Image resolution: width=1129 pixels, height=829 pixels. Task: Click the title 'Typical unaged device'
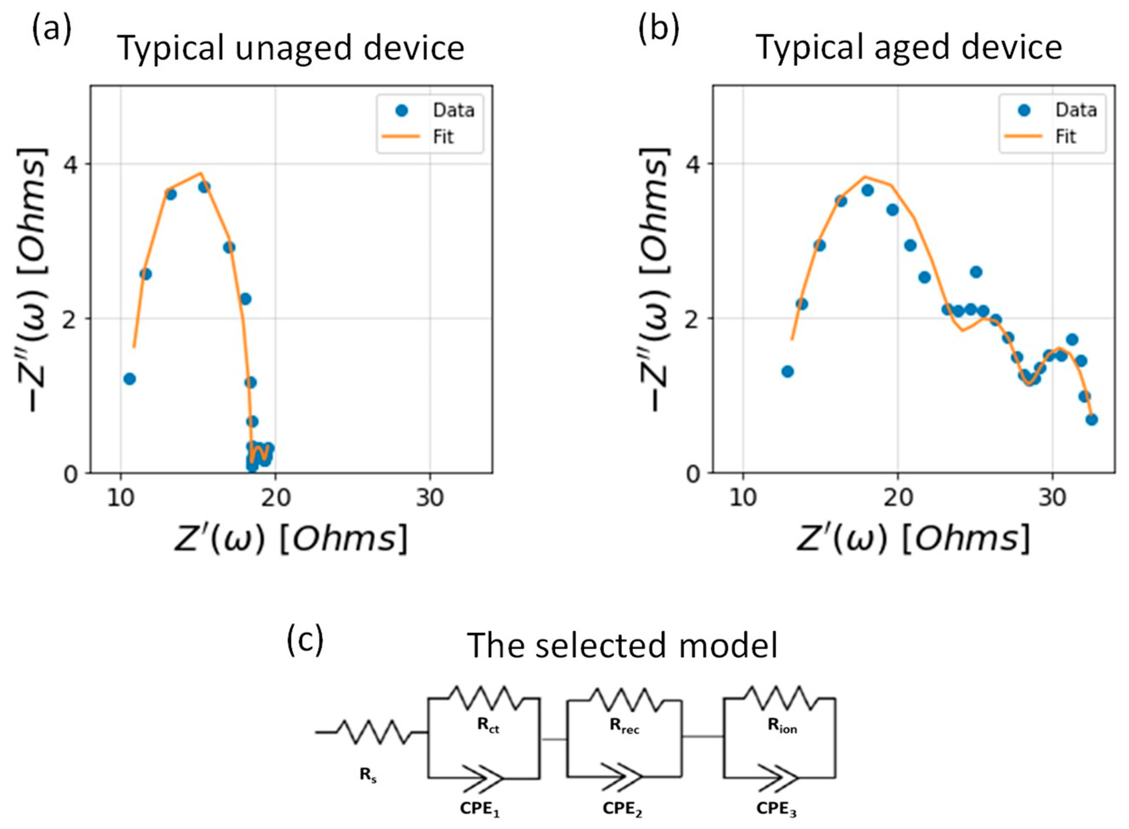[291, 49]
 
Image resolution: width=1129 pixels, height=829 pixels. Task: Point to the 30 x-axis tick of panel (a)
[430, 498]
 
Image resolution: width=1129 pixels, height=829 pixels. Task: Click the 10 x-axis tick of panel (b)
[742, 498]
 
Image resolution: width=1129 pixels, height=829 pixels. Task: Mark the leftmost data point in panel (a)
[129, 379]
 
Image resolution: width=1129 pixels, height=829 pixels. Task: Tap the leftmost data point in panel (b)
[787, 371]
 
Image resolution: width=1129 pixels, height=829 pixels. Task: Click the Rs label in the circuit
[368, 775]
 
